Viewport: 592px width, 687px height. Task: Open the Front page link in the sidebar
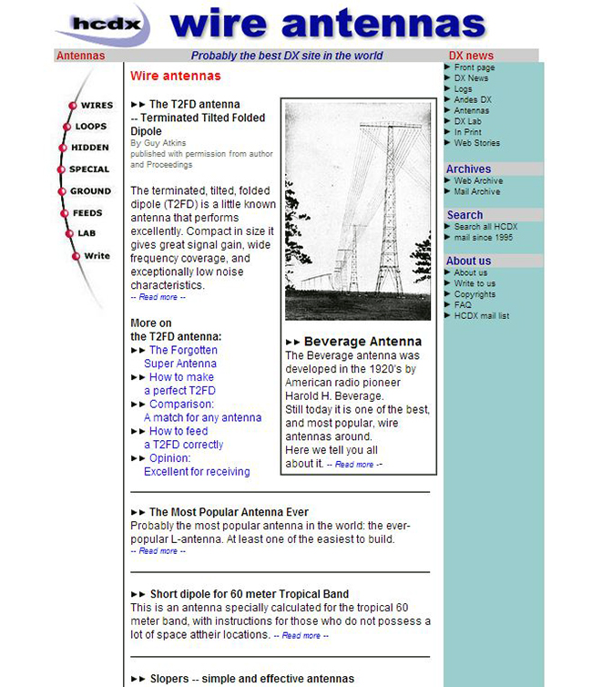[x=474, y=67]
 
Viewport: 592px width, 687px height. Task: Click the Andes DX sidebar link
[x=472, y=100]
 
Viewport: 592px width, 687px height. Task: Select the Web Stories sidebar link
[x=476, y=143]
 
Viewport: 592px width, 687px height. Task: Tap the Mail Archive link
[x=476, y=191]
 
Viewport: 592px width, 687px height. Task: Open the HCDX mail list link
[x=481, y=316]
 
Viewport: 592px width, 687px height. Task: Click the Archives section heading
[x=468, y=169]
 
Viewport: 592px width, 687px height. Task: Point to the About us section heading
[x=468, y=261]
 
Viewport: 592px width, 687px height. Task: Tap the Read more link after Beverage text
[x=354, y=465]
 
